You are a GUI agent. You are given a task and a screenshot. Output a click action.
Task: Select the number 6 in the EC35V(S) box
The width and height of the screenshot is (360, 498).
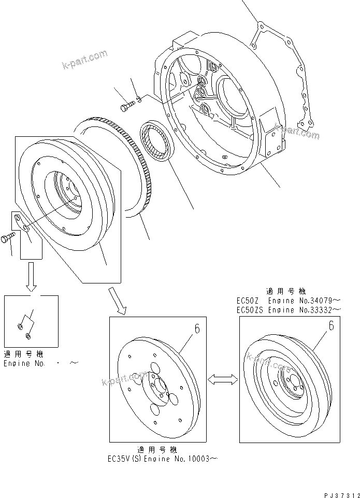click(197, 328)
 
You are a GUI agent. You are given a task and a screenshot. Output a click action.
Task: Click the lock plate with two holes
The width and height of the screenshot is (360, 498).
click(21, 222)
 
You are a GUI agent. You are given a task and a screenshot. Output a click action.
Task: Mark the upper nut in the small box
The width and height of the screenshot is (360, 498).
click(20, 326)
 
